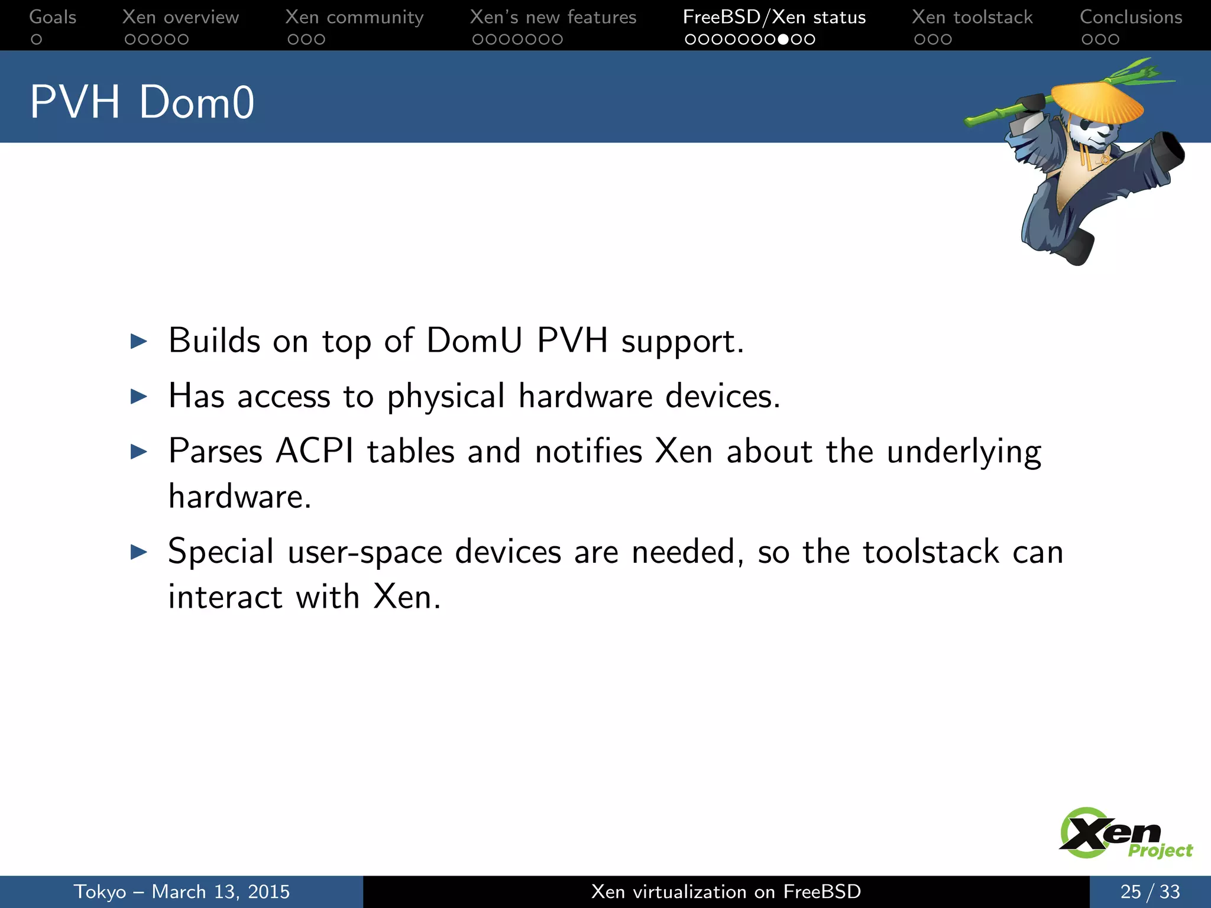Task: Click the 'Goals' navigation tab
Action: click(53, 17)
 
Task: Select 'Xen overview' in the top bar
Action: click(180, 17)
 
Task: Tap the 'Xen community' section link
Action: click(354, 17)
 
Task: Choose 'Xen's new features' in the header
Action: click(553, 17)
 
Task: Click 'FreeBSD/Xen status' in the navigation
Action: click(774, 17)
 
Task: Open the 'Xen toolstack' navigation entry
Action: click(972, 17)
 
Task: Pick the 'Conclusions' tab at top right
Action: click(1131, 17)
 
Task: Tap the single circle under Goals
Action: click(37, 40)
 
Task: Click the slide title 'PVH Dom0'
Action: click(142, 102)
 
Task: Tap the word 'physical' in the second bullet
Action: click(446, 396)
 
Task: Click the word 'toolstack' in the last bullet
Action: click(931, 552)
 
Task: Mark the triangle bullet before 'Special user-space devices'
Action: click(138, 552)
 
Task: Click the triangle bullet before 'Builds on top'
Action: click(138, 341)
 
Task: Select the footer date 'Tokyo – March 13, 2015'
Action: click(182, 891)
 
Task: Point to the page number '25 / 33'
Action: click(1150, 891)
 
